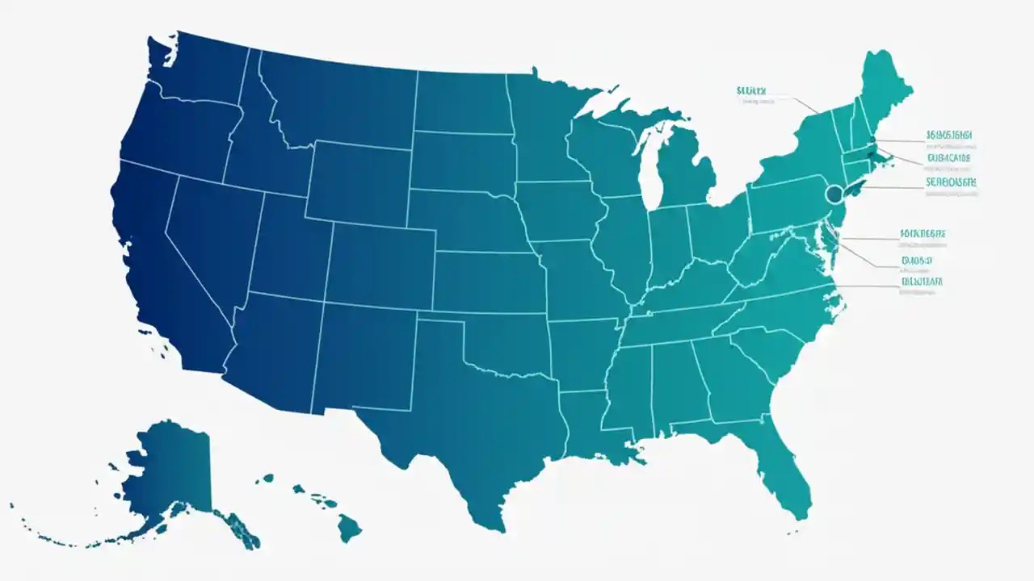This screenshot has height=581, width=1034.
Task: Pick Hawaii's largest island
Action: [349, 529]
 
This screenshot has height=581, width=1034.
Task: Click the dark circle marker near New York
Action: [835, 194]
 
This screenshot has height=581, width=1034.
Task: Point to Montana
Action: [339, 97]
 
